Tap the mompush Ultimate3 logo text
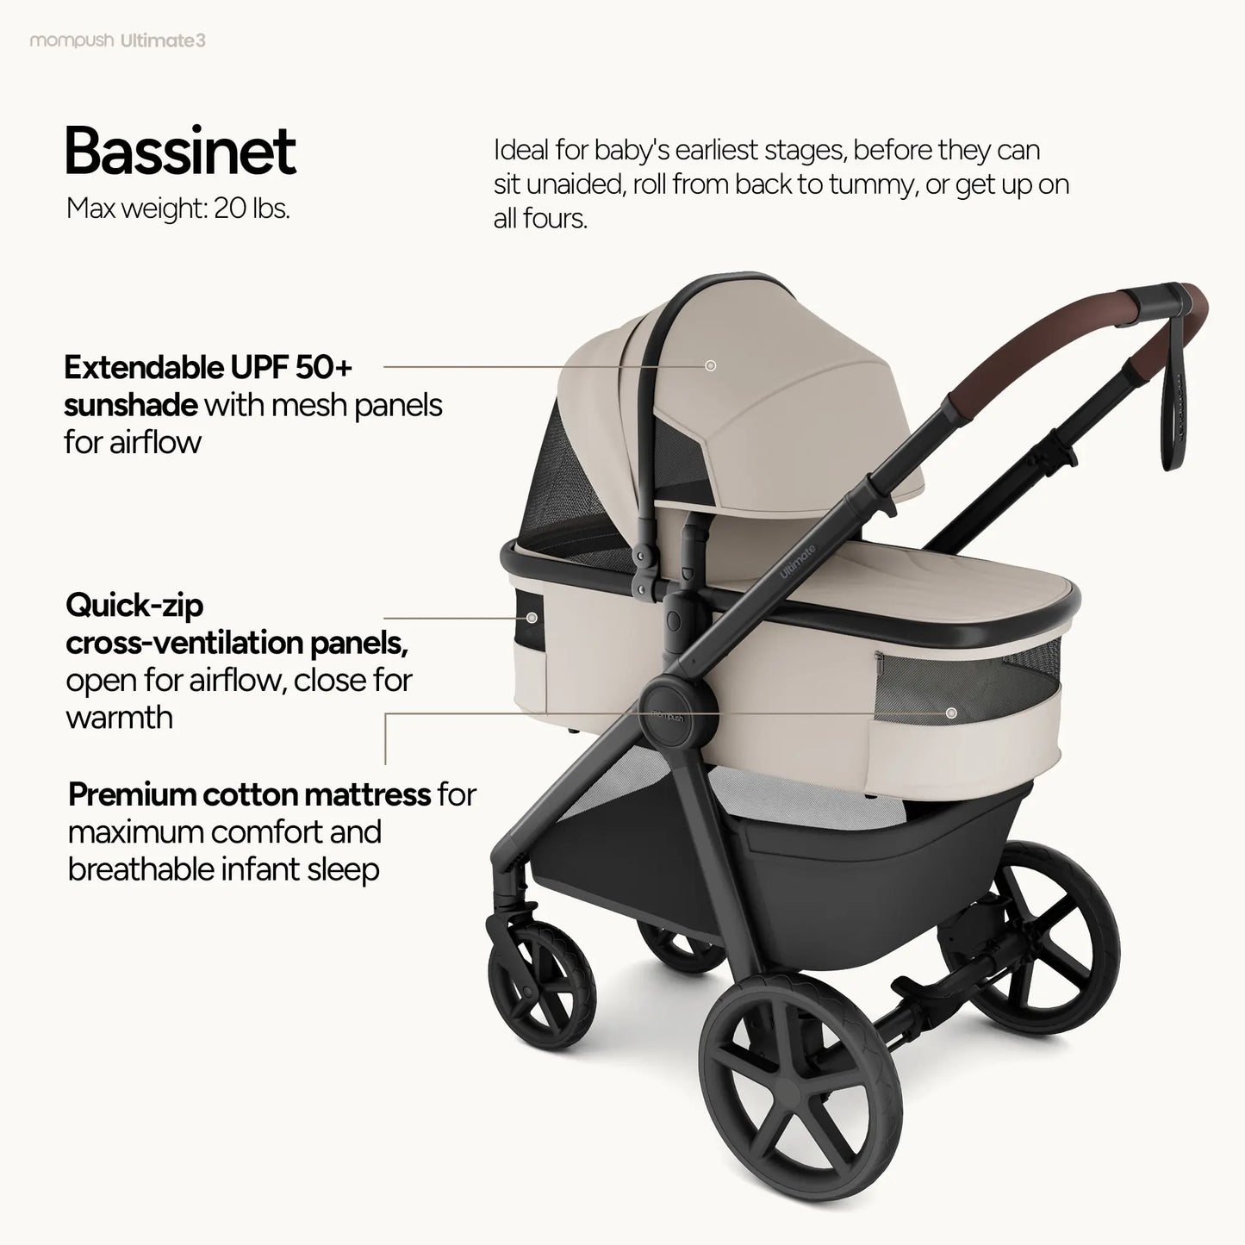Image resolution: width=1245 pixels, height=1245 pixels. (118, 40)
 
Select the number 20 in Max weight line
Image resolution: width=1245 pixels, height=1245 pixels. (230, 209)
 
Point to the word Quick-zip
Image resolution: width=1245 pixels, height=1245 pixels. (134, 606)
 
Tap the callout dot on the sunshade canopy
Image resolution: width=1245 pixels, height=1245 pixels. (711, 366)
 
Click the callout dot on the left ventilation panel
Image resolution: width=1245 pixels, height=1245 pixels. (532, 618)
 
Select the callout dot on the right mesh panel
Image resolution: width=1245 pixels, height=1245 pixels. (951, 713)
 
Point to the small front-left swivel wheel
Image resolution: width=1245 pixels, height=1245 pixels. (542, 978)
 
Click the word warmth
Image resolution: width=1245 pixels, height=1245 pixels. (119, 718)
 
